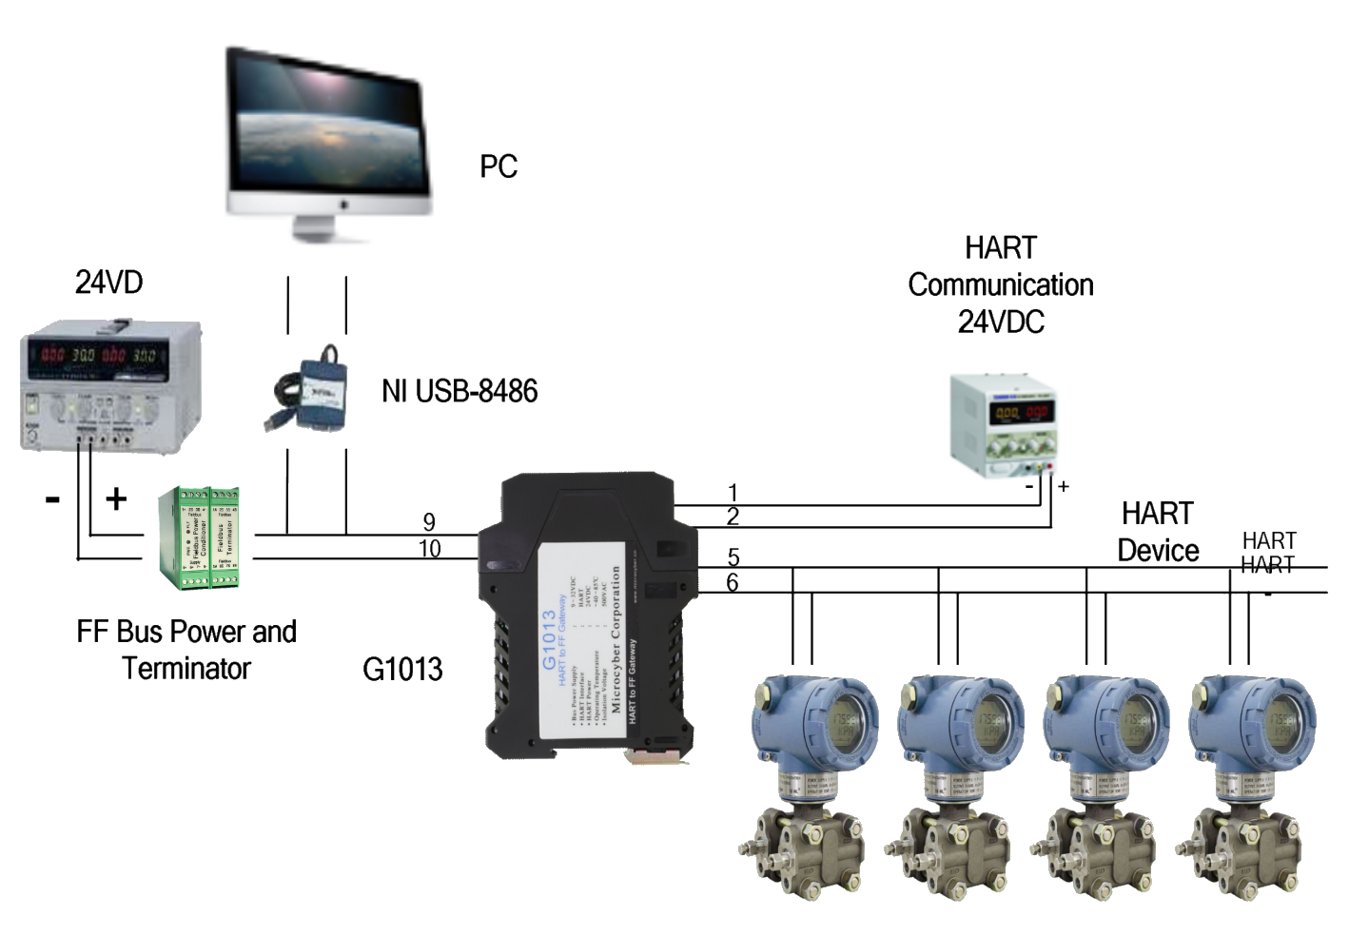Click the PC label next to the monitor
pyautogui.click(x=499, y=167)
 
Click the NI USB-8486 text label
pyautogui.click(x=460, y=390)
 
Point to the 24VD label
pyautogui.click(x=108, y=283)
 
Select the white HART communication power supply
pyautogui.click(x=1005, y=422)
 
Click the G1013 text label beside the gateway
pyautogui.click(x=402, y=669)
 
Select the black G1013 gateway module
pyautogui.click(x=587, y=615)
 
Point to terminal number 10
pyautogui.click(x=430, y=549)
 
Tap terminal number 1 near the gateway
pyautogui.click(x=733, y=493)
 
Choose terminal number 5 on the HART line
pyautogui.click(x=733, y=557)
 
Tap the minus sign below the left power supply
pyautogui.click(x=53, y=498)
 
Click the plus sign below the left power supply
pyautogui.click(x=115, y=498)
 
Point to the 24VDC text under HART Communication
pyautogui.click(x=1001, y=322)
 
